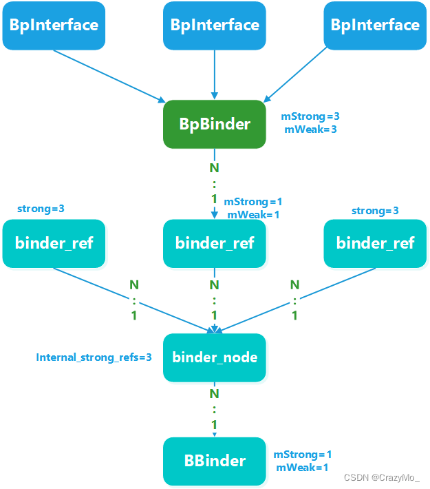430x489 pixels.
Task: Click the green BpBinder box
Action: [x=215, y=125]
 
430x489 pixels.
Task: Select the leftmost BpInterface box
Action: [x=54, y=25]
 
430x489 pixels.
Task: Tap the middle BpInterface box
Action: [x=215, y=25]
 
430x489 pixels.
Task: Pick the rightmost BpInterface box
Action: [x=375, y=25]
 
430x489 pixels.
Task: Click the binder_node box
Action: [x=215, y=357]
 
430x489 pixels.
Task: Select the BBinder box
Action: [x=215, y=461]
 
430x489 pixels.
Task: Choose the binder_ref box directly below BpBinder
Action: [x=215, y=243]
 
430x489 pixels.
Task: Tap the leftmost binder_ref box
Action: [x=54, y=243]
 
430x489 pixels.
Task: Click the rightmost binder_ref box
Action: [x=375, y=243]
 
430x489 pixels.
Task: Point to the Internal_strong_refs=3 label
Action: [x=94, y=357]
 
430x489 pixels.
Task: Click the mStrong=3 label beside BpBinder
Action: [x=310, y=116]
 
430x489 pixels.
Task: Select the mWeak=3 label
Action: [x=310, y=129]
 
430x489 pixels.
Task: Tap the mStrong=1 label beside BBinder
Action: [x=303, y=455]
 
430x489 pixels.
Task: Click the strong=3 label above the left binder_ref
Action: [x=41, y=208]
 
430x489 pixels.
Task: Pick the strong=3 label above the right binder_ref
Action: [x=375, y=210]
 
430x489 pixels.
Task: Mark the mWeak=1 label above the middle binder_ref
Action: [x=253, y=215]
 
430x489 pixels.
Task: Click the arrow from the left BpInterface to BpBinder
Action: [x=110, y=74]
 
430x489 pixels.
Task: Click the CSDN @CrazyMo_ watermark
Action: [x=381, y=477]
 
